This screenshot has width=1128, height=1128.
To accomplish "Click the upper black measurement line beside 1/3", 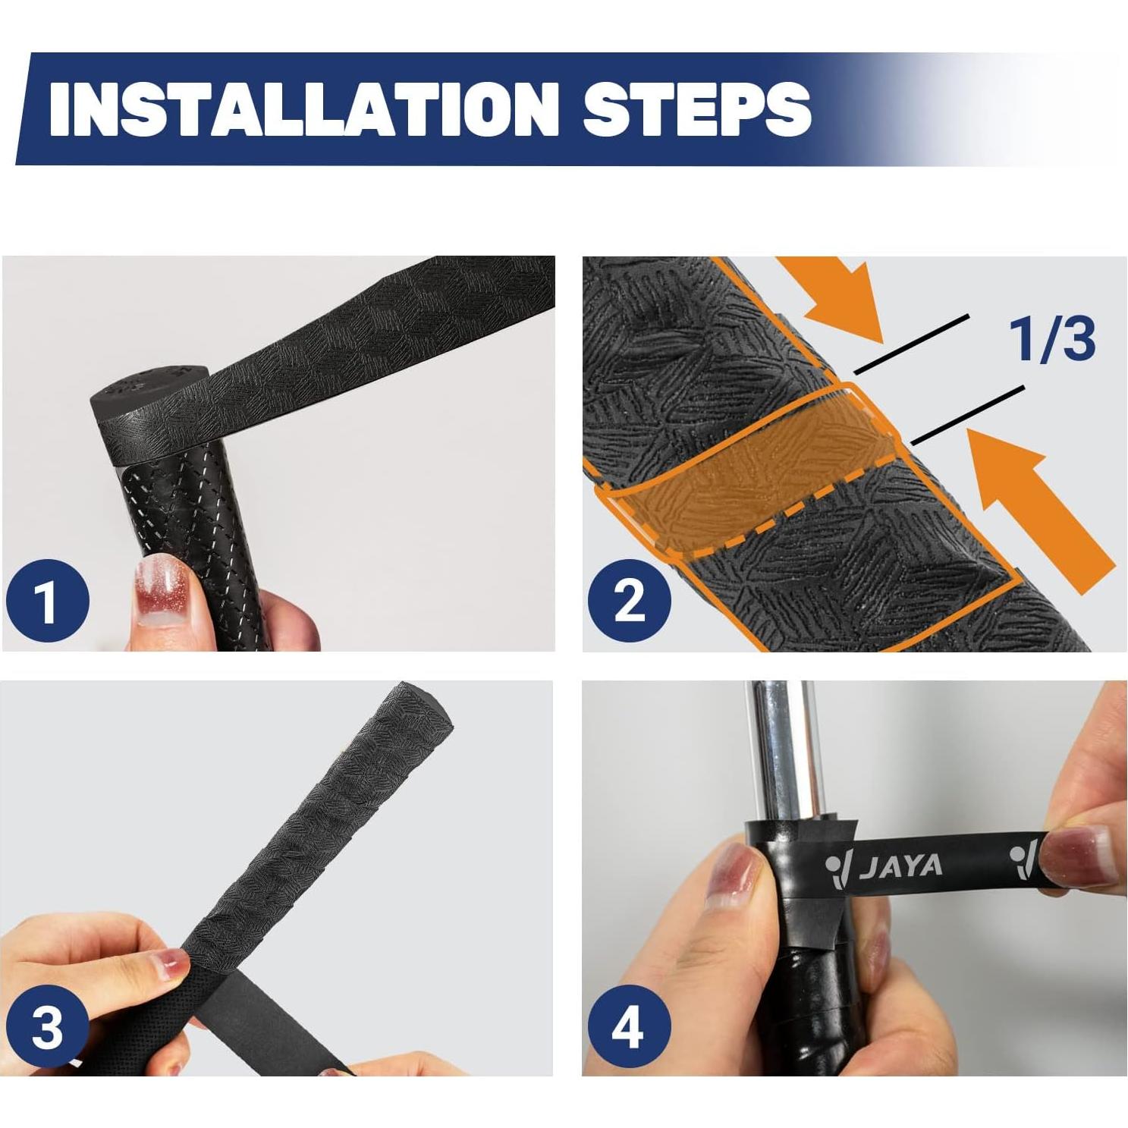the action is point(912,343).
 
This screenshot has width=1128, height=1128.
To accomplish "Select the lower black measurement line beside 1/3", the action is point(968,415).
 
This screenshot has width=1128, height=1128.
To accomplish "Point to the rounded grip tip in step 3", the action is point(425,709).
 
